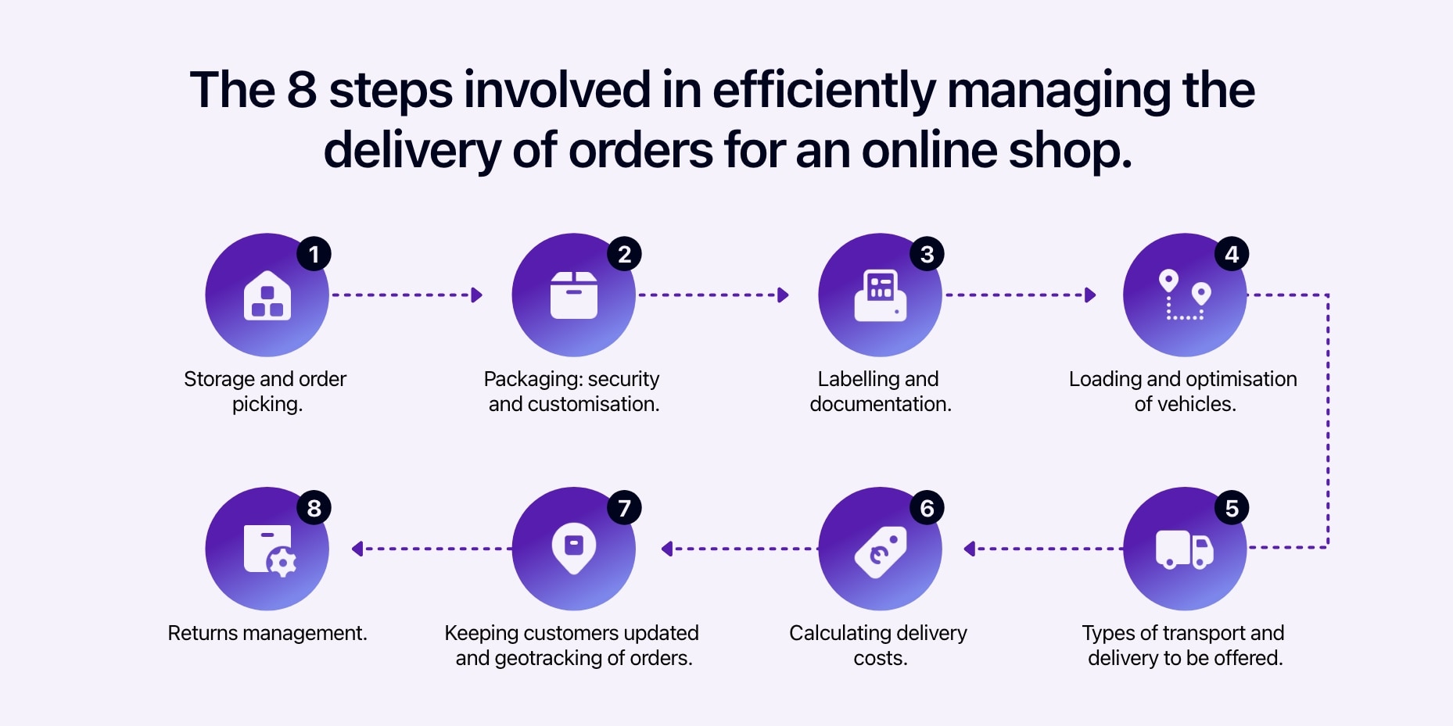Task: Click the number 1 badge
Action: [x=314, y=254]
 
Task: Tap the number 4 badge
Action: [x=1231, y=254]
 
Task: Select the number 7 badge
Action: [x=624, y=508]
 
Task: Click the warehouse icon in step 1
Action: [x=267, y=295]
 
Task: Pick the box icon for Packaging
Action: [x=574, y=295]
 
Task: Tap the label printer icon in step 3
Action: [x=881, y=295]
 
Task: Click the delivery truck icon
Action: [x=1185, y=549]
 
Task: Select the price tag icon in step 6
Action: [x=881, y=552]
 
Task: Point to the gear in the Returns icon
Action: [x=282, y=562]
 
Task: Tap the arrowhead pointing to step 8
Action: [x=357, y=549]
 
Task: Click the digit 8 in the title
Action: [x=302, y=89]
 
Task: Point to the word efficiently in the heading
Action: [x=823, y=91]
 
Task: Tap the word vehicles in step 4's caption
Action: [x=1196, y=404]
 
